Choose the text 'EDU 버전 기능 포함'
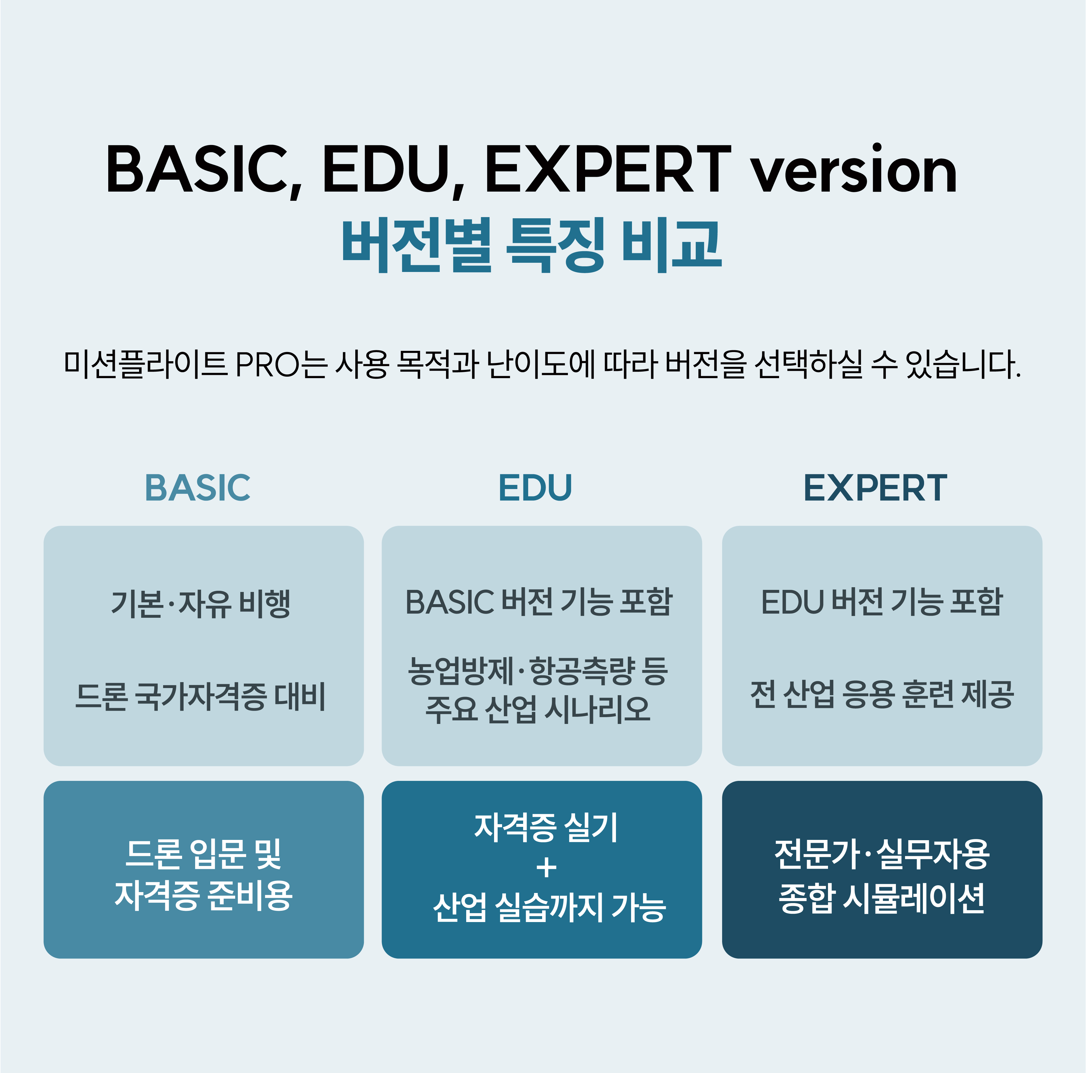(882, 602)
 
